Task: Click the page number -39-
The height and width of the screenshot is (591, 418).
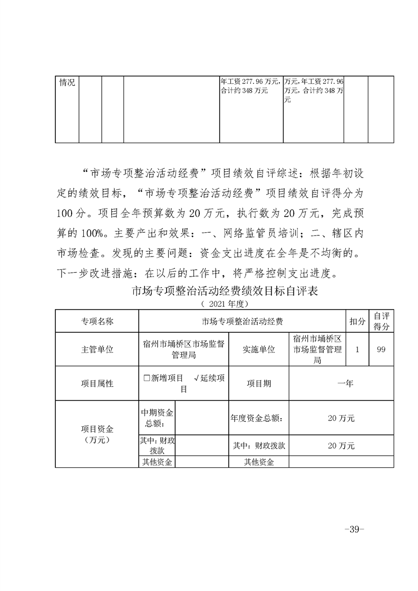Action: [x=353, y=529]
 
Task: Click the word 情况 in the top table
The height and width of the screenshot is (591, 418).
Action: [x=67, y=83]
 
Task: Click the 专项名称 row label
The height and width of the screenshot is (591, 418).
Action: [x=96, y=321]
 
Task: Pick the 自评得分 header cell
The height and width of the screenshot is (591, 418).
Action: [x=381, y=321]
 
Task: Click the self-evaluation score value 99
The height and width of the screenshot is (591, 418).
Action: [x=381, y=349]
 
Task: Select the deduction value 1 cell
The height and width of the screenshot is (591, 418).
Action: [x=357, y=349]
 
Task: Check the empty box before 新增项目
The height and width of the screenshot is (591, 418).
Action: [x=147, y=378]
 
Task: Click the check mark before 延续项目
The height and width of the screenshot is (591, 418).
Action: [x=196, y=378]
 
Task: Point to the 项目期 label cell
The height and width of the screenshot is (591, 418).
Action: [x=259, y=383]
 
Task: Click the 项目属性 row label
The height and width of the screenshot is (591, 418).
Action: [x=96, y=383]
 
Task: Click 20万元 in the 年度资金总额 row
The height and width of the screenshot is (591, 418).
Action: [x=341, y=418]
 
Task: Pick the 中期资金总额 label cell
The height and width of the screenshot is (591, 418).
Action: [x=157, y=418]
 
